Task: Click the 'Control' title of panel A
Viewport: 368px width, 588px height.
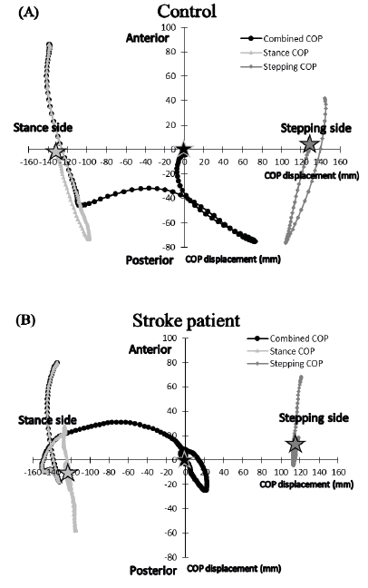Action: (x=187, y=11)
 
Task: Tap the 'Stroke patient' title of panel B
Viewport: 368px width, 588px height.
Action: (x=186, y=321)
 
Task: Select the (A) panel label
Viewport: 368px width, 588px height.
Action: (x=28, y=13)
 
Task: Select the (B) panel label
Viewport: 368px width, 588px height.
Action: (x=26, y=320)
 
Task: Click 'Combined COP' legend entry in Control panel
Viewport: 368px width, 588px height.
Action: (x=281, y=39)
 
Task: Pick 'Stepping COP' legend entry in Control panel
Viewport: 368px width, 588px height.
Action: (x=278, y=67)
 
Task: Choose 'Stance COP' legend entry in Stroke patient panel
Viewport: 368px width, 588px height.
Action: (x=281, y=351)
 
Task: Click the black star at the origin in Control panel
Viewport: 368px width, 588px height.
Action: (x=183, y=149)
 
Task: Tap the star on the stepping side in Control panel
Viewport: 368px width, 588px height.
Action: (x=310, y=144)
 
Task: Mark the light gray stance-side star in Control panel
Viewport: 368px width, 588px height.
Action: (x=56, y=151)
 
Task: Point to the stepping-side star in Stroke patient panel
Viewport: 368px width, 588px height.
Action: (x=295, y=444)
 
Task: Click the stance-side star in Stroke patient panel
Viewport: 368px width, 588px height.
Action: (x=68, y=473)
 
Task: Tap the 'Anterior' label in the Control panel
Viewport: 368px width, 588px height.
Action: (x=148, y=38)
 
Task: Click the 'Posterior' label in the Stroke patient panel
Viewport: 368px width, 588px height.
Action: (x=153, y=571)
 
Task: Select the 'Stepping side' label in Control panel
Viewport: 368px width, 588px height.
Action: (x=316, y=128)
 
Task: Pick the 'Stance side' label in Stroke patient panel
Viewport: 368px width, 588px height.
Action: (x=47, y=420)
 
